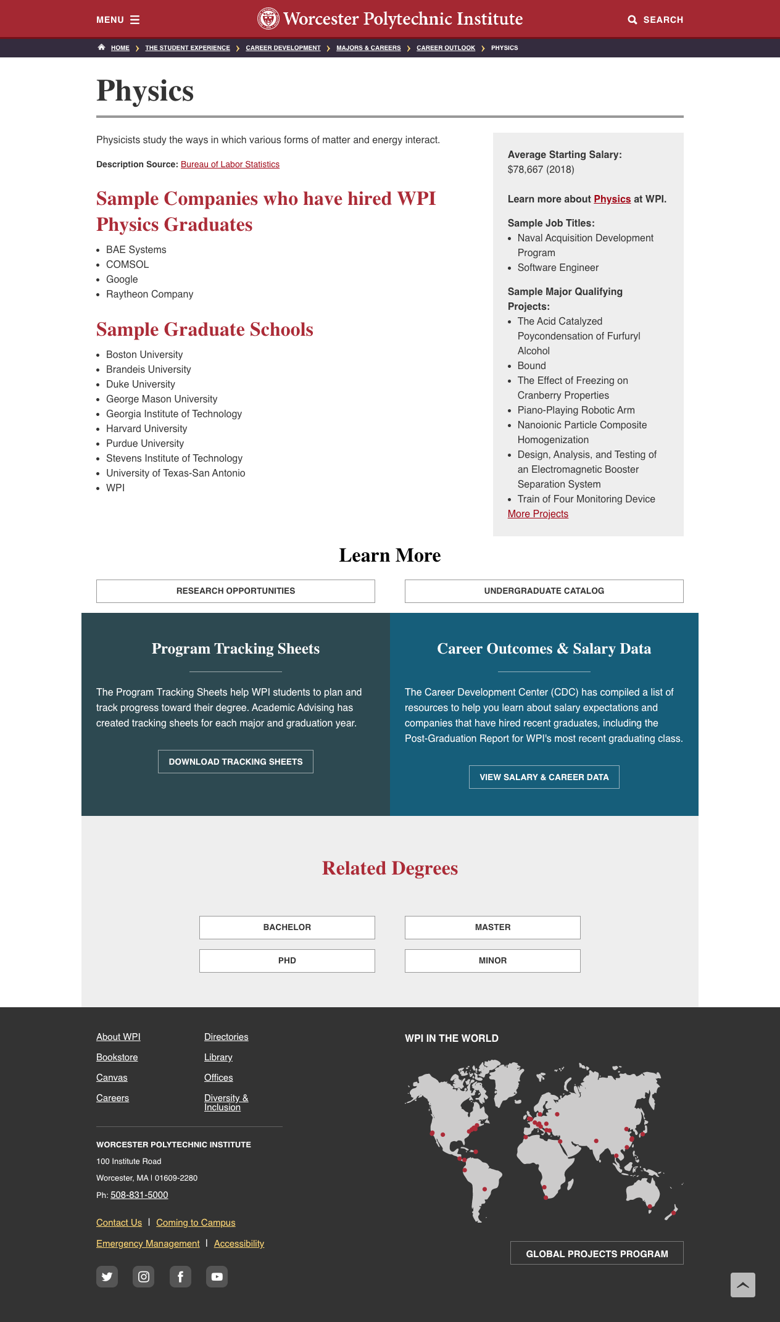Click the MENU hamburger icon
click(x=135, y=20)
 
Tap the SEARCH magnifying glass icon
click(x=633, y=20)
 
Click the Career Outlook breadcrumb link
click(x=446, y=48)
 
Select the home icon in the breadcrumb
click(x=101, y=48)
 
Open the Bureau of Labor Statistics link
click(x=230, y=165)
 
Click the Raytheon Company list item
click(x=149, y=294)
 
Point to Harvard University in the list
click(x=146, y=429)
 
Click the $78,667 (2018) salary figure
click(x=541, y=170)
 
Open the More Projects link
click(x=537, y=514)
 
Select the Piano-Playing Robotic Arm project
click(x=576, y=410)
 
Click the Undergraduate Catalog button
click(x=544, y=591)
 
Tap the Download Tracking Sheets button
click(x=235, y=762)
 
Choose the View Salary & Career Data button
click(x=544, y=777)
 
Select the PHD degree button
click(x=287, y=961)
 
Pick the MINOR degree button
click(x=492, y=961)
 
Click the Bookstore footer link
click(x=117, y=1057)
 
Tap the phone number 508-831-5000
click(x=139, y=1195)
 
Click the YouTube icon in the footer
click(x=217, y=1277)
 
